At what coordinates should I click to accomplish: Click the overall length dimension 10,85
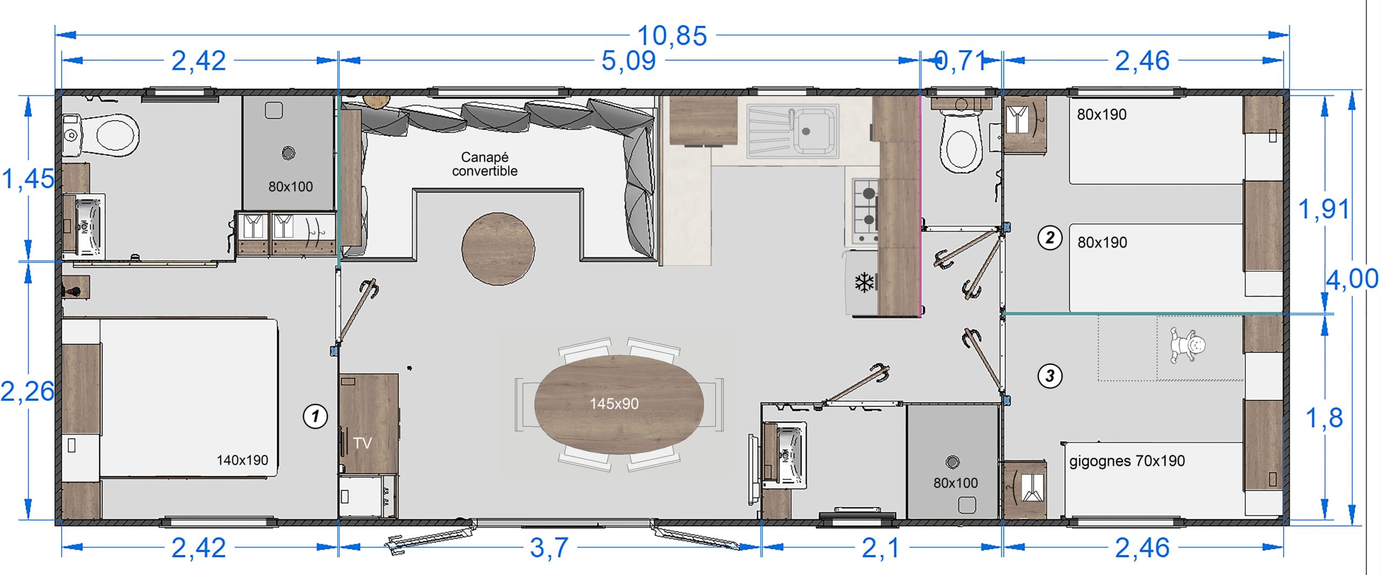point(672,36)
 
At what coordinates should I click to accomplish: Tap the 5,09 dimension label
point(629,60)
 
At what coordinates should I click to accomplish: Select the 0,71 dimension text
point(960,60)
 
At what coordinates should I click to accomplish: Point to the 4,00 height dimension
point(1352,279)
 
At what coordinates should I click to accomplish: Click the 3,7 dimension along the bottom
point(549,548)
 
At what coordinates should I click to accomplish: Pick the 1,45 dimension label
point(28,179)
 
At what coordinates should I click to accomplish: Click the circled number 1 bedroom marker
point(315,416)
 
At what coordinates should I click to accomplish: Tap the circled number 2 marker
point(1050,238)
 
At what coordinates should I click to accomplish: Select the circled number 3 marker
point(1050,376)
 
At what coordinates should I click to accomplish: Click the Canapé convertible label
point(485,164)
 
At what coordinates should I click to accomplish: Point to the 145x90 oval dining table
point(619,404)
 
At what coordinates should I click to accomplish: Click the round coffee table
point(498,248)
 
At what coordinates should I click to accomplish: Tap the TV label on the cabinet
point(362,443)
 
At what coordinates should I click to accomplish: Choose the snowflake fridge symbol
point(864,282)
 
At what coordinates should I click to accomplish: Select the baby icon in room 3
point(1187,345)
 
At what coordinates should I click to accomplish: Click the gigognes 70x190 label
point(1127,461)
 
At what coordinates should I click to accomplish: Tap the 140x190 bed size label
point(242,460)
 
